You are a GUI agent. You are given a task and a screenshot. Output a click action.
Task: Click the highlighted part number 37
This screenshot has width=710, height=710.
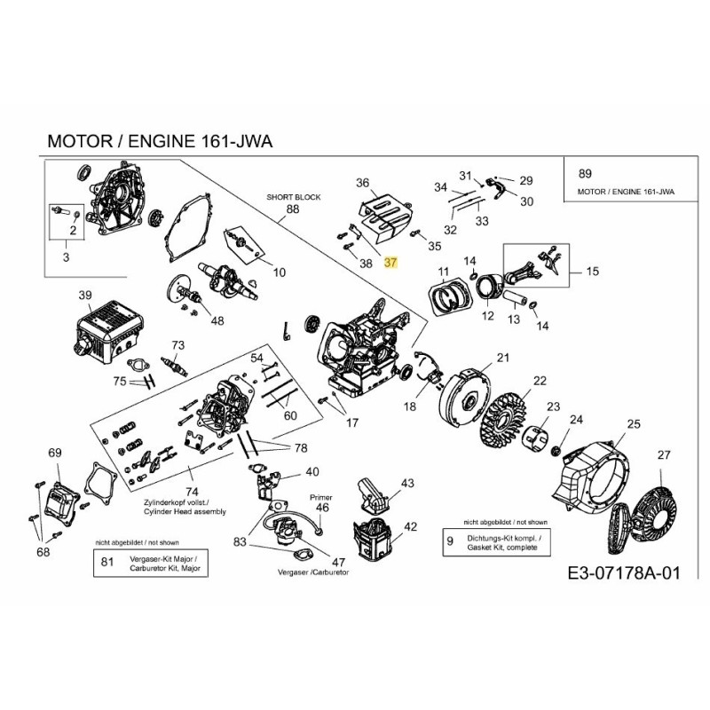point(392,264)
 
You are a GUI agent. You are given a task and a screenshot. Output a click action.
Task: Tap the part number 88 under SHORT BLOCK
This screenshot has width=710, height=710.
point(293,210)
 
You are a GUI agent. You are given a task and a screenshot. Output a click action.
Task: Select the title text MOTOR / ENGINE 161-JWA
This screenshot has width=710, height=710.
point(159,141)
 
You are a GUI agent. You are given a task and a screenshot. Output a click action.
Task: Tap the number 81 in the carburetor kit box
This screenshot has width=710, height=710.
point(107,561)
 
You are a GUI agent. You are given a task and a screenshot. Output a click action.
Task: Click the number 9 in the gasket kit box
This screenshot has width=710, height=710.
point(449,540)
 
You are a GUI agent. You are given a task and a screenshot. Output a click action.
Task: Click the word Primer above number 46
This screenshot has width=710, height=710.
point(320,498)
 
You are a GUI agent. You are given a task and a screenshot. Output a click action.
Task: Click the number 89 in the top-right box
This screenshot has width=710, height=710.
point(584,174)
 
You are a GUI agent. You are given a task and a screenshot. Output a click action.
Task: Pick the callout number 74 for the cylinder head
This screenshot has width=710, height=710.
point(191,491)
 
